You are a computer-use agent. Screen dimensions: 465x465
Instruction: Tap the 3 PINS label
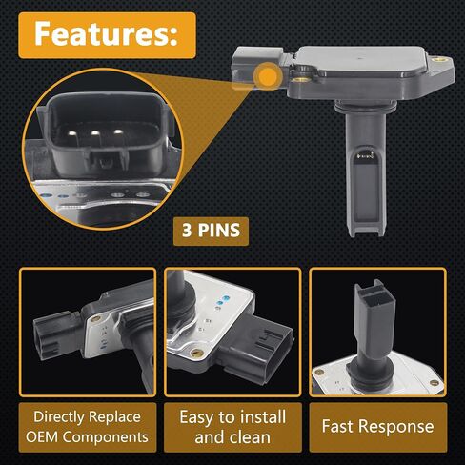[x=211, y=231]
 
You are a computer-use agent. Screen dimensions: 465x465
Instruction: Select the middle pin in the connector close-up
[x=95, y=132]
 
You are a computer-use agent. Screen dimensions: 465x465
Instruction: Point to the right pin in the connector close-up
[x=118, y=131]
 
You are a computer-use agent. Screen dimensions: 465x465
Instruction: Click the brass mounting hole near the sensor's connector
[x=299, y=79]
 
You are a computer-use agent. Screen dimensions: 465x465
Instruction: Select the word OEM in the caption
[x=42, y=437]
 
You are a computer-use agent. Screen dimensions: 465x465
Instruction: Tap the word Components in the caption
[x=106, y=438]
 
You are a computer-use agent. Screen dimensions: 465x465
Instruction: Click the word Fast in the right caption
[x=335, y=426]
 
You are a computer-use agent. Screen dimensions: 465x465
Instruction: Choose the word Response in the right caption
[x=394, y=427]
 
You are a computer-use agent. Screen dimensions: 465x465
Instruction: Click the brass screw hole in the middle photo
[x=197, y=353]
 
